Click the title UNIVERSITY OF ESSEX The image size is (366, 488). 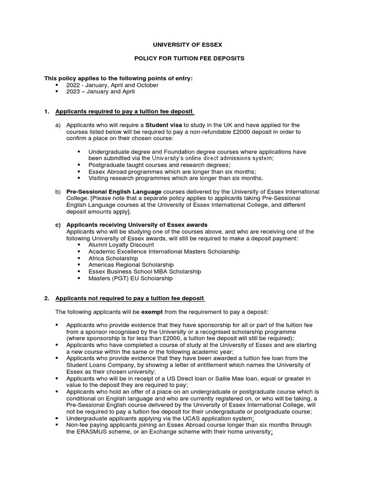coord(187,45)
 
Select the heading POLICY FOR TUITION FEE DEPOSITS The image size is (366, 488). coord(187,58)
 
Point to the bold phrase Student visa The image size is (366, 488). coord(164,125)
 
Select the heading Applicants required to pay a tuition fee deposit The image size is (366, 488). coord(124,112)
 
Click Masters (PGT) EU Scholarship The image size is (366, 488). coord(130,278)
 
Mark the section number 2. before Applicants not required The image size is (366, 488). coord(47,298)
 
